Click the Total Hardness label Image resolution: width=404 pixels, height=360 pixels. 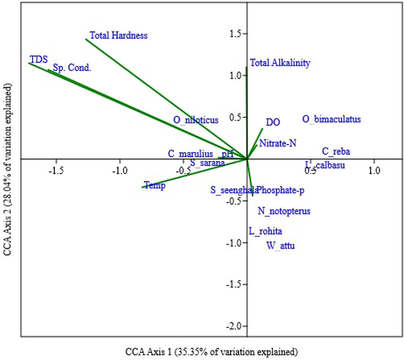coord(119,35)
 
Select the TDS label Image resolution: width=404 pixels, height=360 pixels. coord(39,60)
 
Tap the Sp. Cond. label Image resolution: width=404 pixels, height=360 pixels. coord(72,68)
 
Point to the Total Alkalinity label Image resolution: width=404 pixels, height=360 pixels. coord(280,63)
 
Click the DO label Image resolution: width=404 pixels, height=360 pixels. coord(273,122)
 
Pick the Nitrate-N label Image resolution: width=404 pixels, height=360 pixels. coord(278,143)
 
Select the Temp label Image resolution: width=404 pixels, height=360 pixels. coord(155,185)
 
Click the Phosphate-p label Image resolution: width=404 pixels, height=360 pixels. coord(281,190)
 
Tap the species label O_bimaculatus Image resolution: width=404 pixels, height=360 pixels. coord(332,119)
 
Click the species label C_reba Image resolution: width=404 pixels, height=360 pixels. coord(336,152)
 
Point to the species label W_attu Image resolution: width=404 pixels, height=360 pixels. coord(280,246)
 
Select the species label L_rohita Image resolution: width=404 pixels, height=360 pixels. coord(265,231)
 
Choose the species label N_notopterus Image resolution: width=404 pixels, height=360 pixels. coord(284,211)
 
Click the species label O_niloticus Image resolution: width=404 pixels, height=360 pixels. coord(196,120)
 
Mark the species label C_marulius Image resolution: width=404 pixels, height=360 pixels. coord(191,154)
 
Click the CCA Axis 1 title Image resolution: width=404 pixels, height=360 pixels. coord(211,352)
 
